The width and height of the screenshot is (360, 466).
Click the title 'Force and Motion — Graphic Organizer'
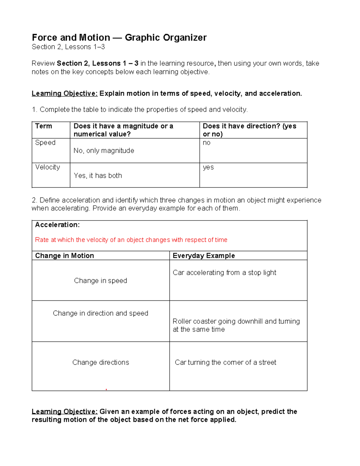coord(119,38)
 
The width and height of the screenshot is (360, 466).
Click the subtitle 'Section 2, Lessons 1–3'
coord(68,47)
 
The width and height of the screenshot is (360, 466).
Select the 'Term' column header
coord(43,126)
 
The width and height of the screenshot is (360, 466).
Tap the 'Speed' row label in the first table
coord(45,143)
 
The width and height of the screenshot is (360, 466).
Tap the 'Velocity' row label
coord(47,167)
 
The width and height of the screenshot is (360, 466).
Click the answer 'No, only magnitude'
coord(104,151)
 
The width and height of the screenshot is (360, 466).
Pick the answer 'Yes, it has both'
coord(98,176)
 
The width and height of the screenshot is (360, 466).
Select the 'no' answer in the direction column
coord(207,143)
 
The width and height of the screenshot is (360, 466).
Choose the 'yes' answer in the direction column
coord(208,167)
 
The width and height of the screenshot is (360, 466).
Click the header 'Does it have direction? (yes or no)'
coord(249,130)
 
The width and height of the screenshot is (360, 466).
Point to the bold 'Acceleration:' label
coord(57,225)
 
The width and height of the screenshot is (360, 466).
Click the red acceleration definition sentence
coord(131,240)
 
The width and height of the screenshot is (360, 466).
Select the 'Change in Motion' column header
coord(64,256)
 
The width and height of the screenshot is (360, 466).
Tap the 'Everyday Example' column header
coord(204,256)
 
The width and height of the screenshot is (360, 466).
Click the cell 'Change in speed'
coord(100,281)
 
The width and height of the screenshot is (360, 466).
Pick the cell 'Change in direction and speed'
coord(100,313)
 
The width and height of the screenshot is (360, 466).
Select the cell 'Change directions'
coord(100,362)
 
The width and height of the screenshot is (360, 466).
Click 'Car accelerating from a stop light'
coord(224,272)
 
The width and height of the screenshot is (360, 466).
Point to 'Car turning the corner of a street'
coord(225,362)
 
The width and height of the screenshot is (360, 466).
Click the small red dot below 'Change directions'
coord(106,389)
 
